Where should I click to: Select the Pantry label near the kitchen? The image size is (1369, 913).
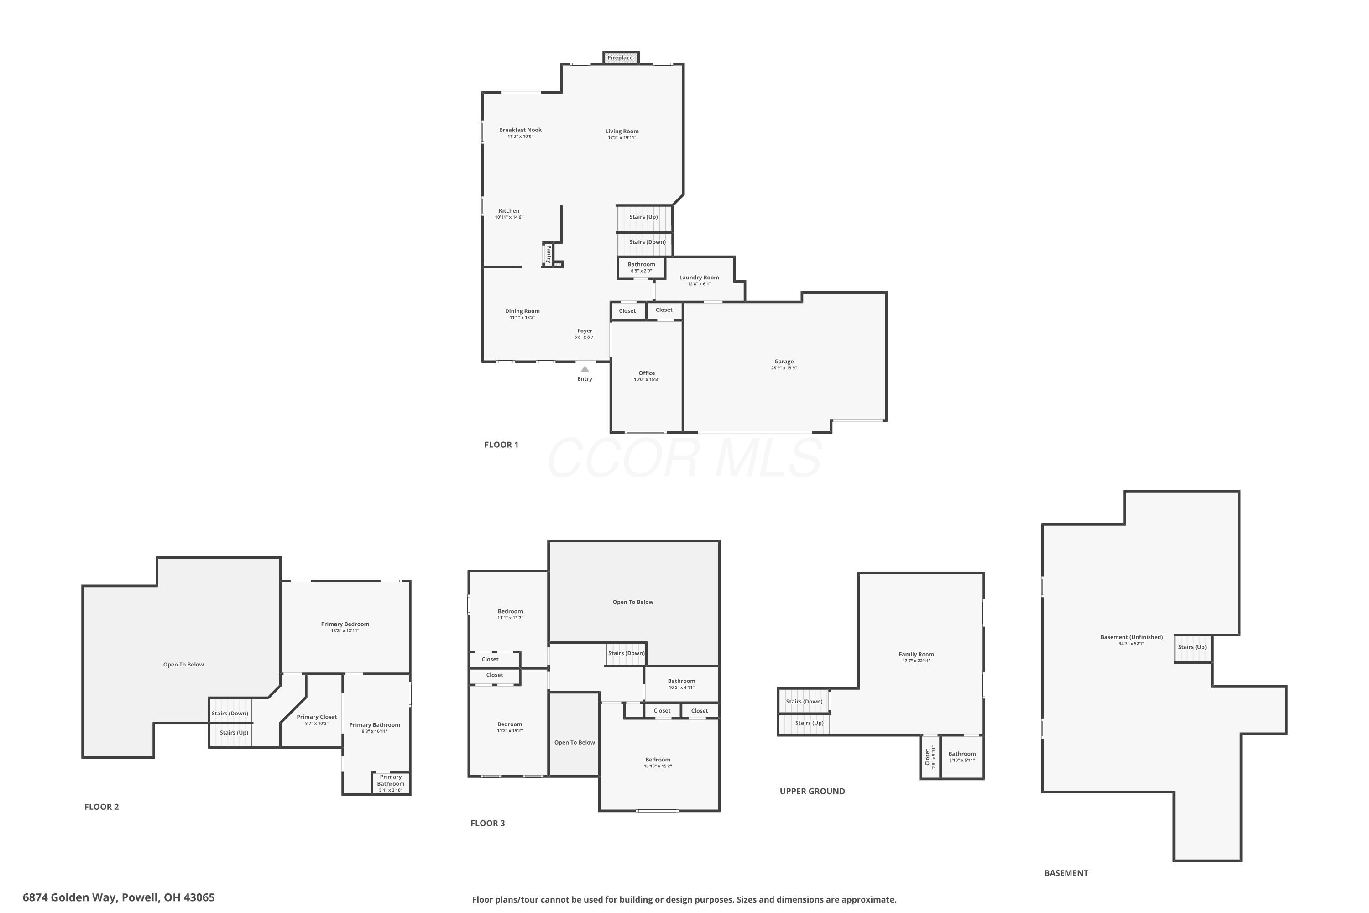coord(549,254)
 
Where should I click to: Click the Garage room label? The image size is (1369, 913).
coord(784,362)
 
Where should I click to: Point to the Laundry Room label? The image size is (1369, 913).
coord(699,278)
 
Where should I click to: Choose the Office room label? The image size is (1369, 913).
coord(647,373)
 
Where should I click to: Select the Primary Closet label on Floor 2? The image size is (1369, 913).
coord(317,717)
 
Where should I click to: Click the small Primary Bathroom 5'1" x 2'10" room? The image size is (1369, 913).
coord(391,783)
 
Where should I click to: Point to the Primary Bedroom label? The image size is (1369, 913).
coord(345,624)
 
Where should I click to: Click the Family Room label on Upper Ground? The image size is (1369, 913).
coord(916,655)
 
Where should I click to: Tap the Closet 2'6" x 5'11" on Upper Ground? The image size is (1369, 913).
coord(929,757)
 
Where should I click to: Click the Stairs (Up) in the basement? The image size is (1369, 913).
coord(1192,647)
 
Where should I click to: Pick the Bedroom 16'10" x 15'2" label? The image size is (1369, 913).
coord(658,760)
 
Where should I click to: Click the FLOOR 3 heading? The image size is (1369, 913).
coord(488,824)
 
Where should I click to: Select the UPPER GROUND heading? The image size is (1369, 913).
coord(812,791)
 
